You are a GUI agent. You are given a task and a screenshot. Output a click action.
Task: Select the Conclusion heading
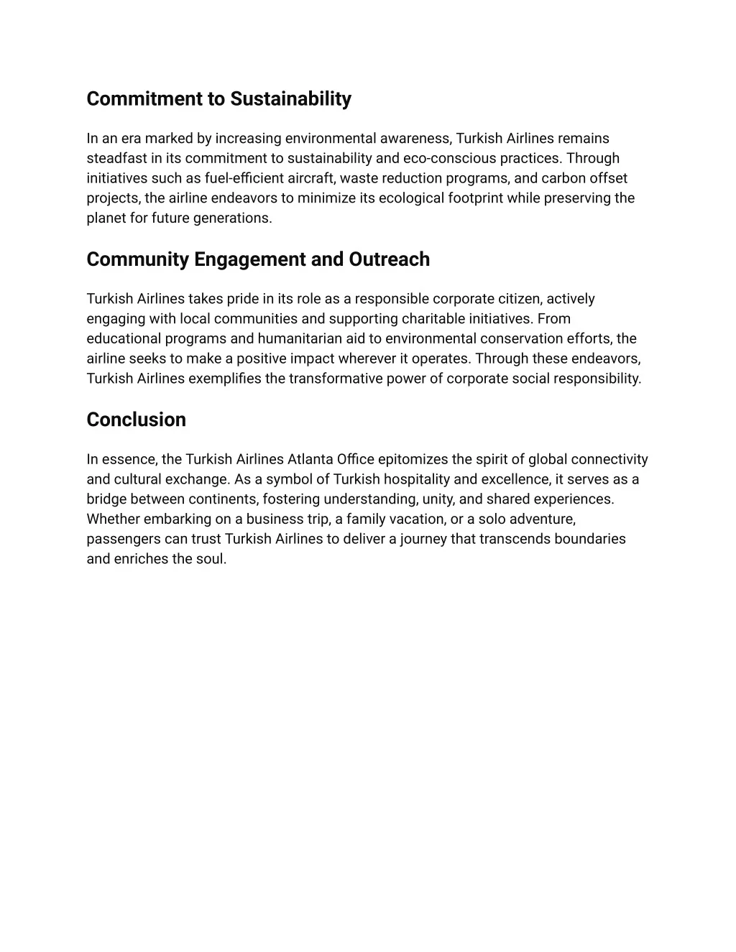click(136, 420)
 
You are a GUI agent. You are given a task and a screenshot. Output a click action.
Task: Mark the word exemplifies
click(224, 379)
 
